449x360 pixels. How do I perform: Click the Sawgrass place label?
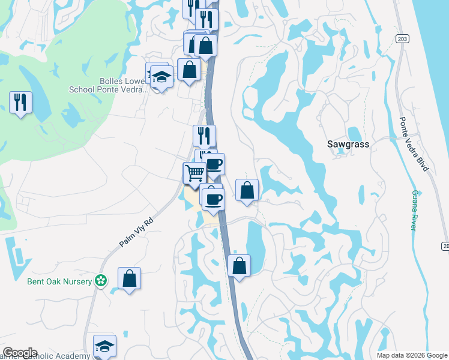348,145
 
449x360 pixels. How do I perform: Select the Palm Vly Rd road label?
136,232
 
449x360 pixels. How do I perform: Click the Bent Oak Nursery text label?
59,281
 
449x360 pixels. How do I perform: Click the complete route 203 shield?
402,38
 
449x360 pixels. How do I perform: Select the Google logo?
20,353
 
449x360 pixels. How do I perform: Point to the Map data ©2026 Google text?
412,355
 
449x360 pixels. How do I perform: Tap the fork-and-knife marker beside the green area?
21,102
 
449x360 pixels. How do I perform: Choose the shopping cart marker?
194,173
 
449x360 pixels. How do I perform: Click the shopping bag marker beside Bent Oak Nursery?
129,278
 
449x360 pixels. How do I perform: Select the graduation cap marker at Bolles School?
161,76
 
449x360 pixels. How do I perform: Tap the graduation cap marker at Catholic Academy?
104,346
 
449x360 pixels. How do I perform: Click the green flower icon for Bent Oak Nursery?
101,280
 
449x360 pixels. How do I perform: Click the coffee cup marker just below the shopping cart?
212,198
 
